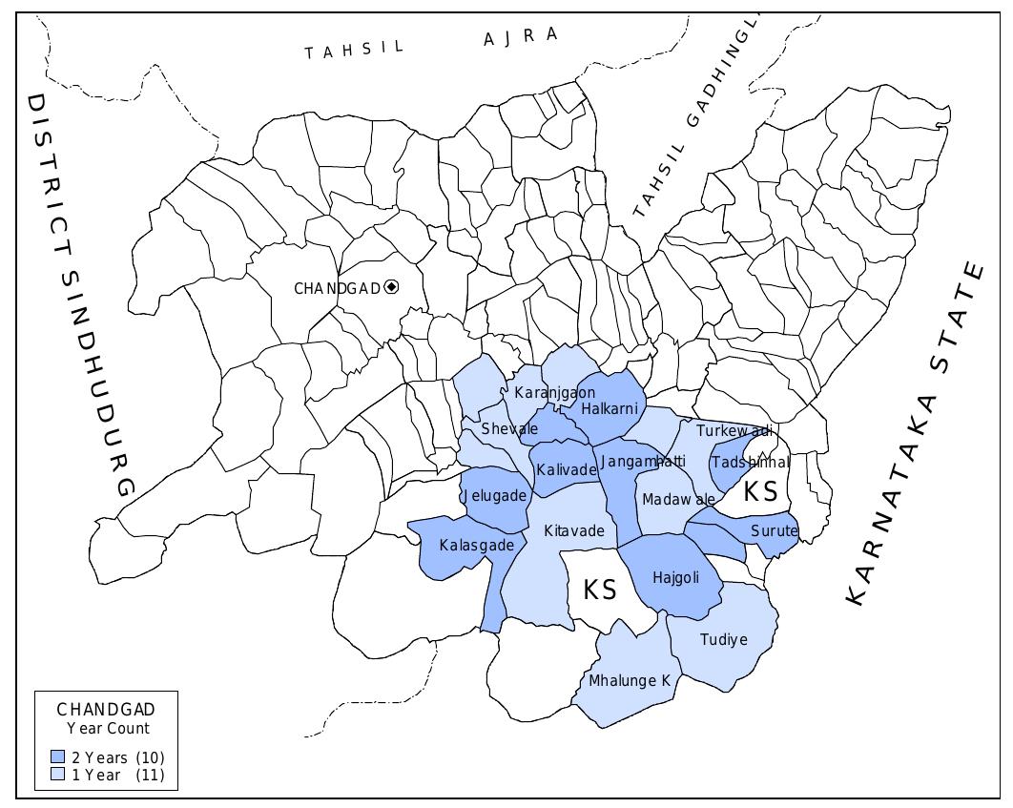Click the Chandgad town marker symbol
click(x=391, y=287)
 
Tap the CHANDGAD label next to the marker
click(x=337, y=288)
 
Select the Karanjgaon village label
click(x=554, y=392)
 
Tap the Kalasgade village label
click(x=477, y=545)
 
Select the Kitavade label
click(x=573, y=530)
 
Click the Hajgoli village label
click(x=675, y=577)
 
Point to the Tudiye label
click(x=724, y=639)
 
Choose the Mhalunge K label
click(x=630, y=680)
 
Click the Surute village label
click(x=774, y=530)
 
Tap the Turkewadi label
click(x=733, y=431)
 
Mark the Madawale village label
click(x=678, y=499)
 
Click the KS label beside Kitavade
click(x=600, y=590)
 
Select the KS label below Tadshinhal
click(x=760, y=492)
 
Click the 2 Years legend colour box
click(x=58, y=756)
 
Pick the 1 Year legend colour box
click(x=58, y=775)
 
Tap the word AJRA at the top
click(x=520, y=37)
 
